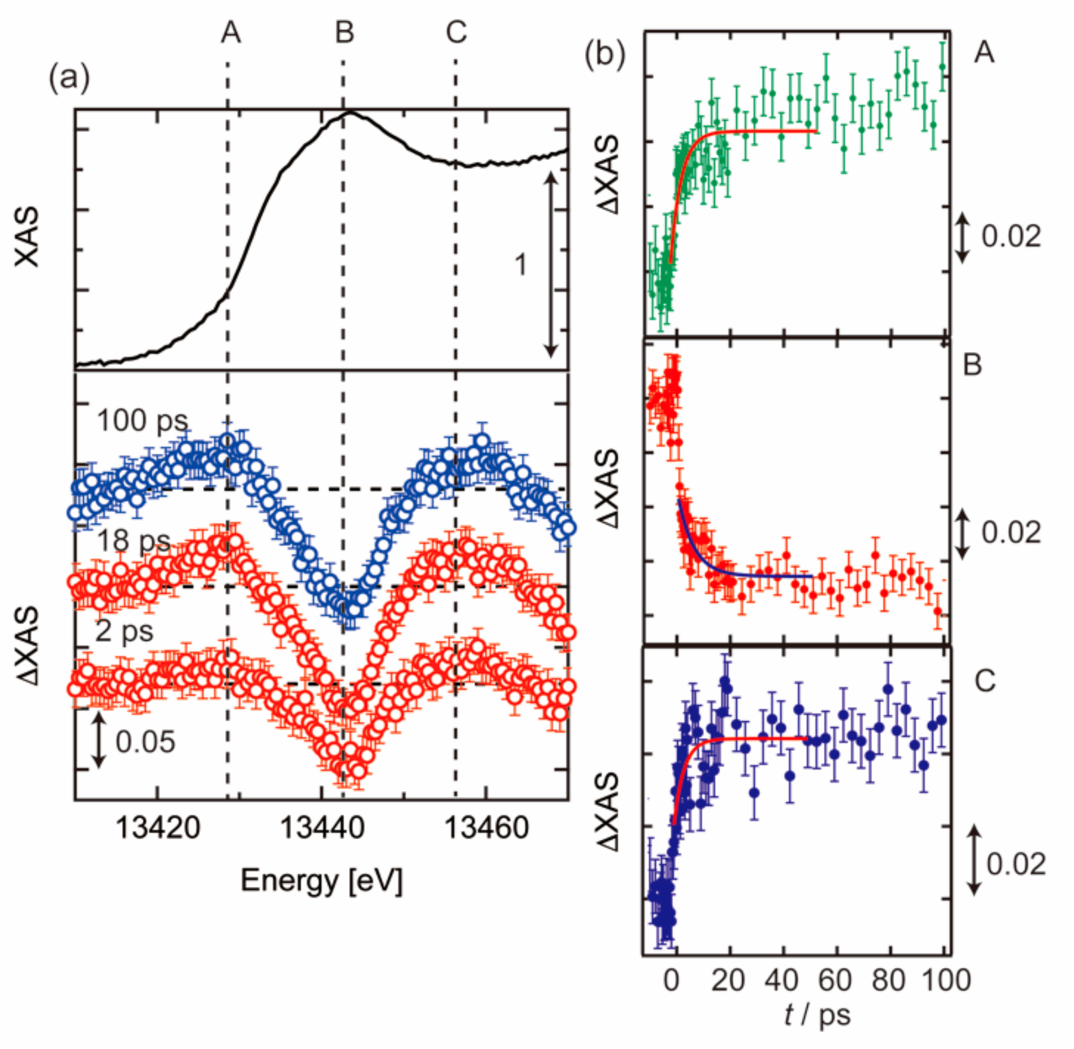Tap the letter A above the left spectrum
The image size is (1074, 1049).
point(231,32)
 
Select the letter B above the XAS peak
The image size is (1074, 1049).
point(345,32)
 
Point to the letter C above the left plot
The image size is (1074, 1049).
point(457,32)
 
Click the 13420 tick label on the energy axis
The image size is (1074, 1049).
point(158,828)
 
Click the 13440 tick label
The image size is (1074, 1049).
point(322,828)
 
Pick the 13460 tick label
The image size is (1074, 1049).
point(486,828)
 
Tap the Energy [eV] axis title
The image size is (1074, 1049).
point(322,880)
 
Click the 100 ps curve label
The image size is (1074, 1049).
point(142,420)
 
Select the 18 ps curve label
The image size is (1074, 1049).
point(134,542)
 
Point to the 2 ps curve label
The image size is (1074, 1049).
point(124,631)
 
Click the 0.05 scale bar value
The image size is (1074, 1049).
point(145,741)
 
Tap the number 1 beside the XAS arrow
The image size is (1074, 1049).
point(520,265)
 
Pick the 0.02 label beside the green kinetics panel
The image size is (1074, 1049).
point(1011,237)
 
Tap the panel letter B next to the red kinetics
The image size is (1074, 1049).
point(972,365)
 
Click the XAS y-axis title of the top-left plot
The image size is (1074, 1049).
point(28,237)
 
